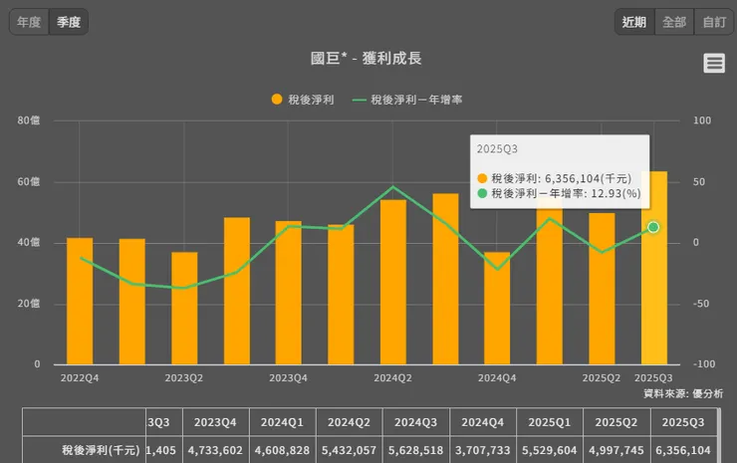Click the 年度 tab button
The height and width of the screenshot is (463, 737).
pos(29,21)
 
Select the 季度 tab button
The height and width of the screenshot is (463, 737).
pos(69,21)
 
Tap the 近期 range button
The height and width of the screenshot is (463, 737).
pos(634,21)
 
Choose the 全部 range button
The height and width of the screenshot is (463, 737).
pos(674,21)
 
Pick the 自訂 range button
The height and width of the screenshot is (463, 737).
pos(713,21)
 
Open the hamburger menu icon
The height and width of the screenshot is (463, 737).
pos(713,64)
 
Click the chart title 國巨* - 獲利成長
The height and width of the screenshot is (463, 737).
pos(366,59)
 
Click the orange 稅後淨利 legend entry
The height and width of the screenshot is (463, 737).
pos(303,100)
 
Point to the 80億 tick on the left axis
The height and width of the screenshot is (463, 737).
pos(29,120)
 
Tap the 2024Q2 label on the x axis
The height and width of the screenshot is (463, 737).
pos(392,378)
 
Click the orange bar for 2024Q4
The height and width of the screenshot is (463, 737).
pos(497,308)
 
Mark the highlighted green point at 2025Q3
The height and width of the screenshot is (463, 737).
pos(653,227)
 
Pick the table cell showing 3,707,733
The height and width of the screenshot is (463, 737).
pos(482,450)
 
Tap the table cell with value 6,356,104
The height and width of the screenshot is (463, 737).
pos(682,450)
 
